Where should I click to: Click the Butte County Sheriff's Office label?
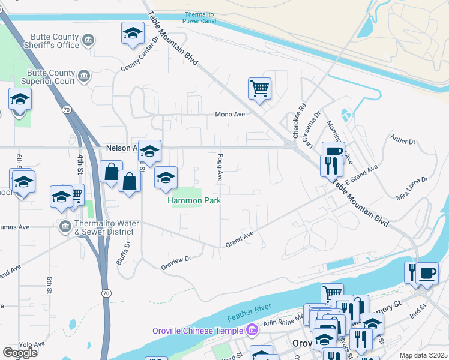coord(51,41)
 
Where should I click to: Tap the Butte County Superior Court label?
coord(48,76)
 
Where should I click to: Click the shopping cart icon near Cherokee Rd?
coord(259,88)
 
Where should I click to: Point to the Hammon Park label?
coord(194,201)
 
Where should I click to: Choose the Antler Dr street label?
coord(403,142)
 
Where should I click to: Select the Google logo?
coord(20,353)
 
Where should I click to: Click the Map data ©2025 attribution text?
coord(424,355)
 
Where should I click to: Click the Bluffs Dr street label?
coord(128,254)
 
